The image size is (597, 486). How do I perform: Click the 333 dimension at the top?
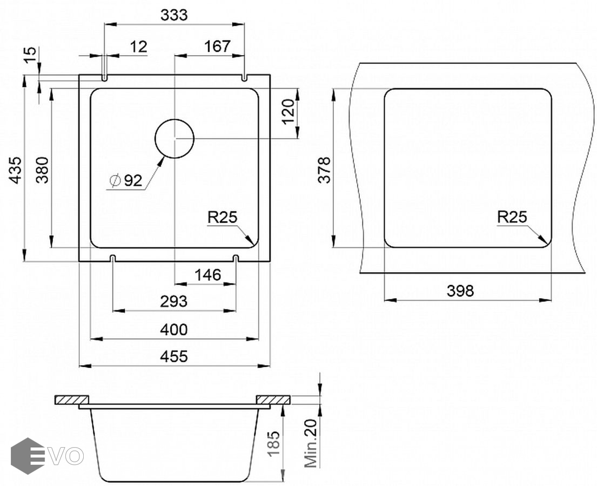174,15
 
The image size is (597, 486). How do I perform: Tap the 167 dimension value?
217,46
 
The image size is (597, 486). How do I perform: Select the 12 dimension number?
138,47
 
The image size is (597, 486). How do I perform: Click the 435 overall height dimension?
16,170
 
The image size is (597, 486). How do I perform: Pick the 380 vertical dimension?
43,170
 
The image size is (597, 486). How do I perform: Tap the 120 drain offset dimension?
288,111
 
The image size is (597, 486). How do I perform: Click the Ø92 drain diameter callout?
125,180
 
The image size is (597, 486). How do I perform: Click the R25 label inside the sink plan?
223,217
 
